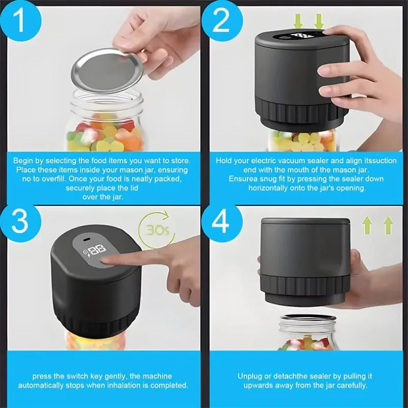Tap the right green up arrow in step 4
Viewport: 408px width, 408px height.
388,225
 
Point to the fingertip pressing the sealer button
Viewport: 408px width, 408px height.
109,260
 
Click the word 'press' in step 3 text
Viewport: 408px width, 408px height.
42,376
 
